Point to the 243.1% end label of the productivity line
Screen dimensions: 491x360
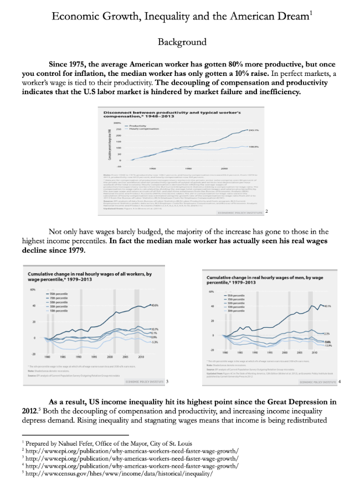click(254, 130)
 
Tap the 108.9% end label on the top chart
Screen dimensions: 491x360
click(254, 147)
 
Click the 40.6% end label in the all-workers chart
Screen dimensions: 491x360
click(155, 305)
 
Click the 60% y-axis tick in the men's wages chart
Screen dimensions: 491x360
click(211, 292)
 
